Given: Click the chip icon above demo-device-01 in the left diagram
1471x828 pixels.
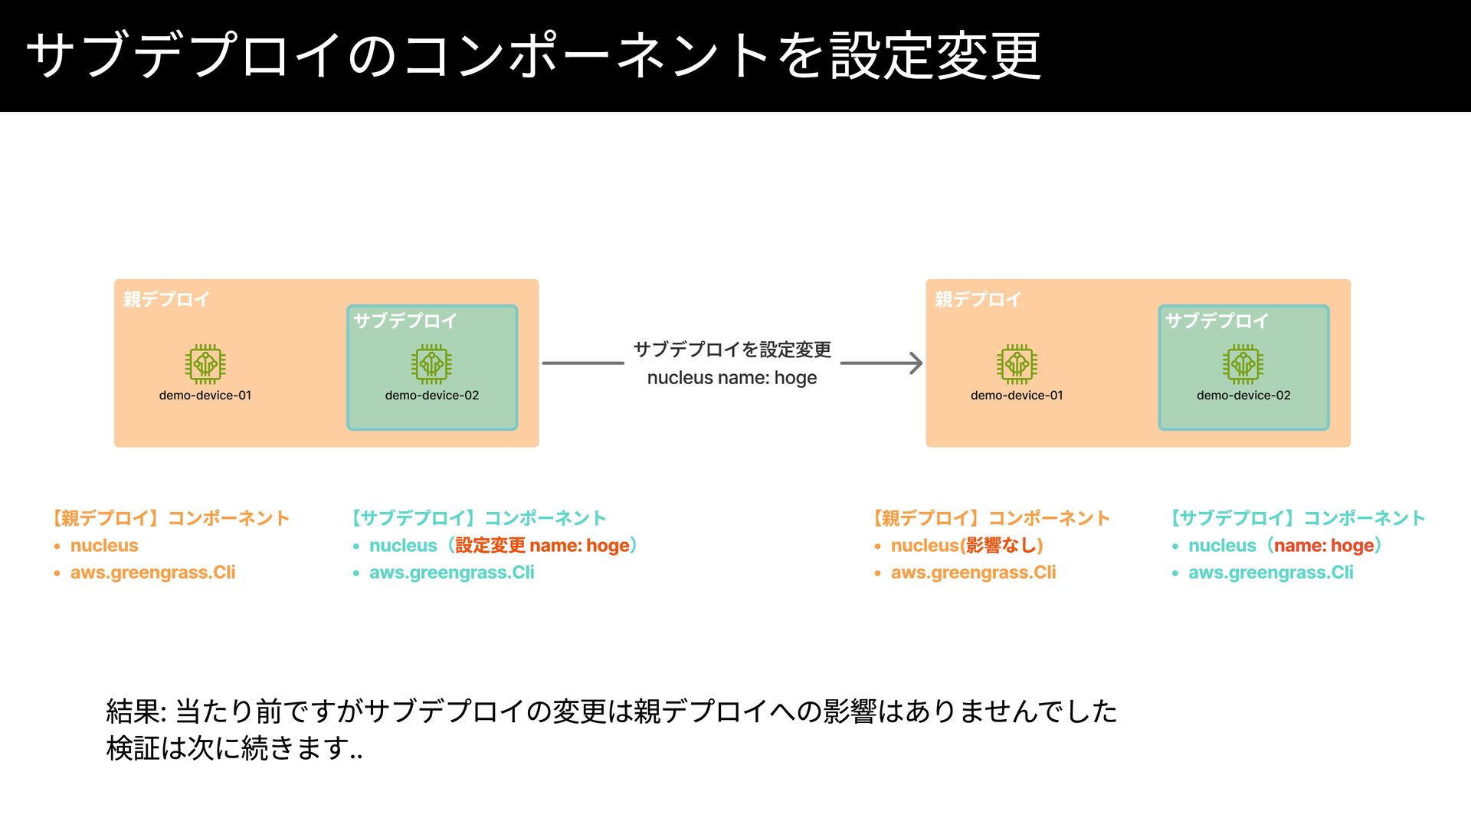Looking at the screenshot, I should [205, 363].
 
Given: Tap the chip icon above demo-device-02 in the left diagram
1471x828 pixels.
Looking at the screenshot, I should [431, 363].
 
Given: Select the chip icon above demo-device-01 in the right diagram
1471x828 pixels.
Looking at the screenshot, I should [1017, 363].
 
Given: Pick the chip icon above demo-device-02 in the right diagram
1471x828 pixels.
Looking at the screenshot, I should [1243, 363].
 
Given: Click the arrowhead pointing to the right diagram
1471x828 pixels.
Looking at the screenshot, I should [913, 363].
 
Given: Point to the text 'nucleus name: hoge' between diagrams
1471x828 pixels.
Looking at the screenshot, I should [732, 378].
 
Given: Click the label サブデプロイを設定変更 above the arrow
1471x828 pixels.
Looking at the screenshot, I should [732, 350].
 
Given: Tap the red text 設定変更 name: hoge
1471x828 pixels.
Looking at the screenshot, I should [542, 546].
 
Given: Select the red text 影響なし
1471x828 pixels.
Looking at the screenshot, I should [1004, 546].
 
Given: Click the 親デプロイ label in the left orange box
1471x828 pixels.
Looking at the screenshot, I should [166, 300].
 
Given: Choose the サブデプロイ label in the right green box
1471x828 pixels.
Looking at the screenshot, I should [1217, 321].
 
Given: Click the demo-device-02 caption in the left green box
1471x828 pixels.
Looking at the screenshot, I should [431, 396].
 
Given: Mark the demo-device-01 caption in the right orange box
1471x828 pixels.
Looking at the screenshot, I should [1017, 396].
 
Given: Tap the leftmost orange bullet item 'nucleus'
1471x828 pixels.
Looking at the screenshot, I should [104, 546].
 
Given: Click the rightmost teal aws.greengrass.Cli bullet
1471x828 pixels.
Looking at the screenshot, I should [1270, 573].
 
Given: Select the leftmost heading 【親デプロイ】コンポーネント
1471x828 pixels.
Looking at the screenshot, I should [171, 518].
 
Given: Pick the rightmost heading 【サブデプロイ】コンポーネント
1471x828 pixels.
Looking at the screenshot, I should [1297, 518].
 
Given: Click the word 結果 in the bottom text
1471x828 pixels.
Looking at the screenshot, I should [133, 711].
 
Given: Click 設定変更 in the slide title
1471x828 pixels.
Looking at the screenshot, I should [935, 55].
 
